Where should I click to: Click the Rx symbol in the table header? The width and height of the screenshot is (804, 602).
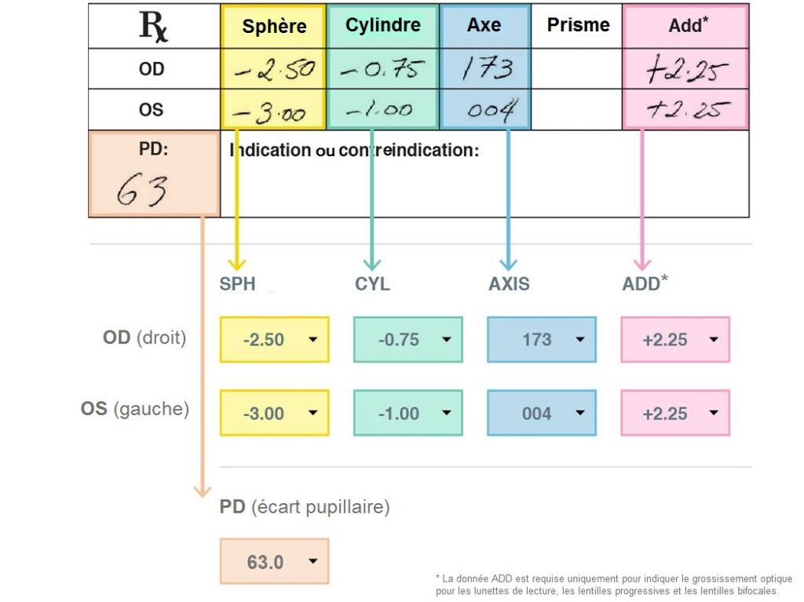point(153,26)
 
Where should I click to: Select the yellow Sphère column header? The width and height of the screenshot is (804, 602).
point(274,26)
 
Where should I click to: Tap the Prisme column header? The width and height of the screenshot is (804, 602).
point(578,25)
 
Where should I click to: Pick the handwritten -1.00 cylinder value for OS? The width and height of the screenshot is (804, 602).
point(380,110)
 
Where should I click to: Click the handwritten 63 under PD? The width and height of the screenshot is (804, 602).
point(143,191)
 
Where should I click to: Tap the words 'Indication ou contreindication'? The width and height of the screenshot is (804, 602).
point(354,150)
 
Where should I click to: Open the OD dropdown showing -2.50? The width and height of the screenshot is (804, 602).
point(274,340)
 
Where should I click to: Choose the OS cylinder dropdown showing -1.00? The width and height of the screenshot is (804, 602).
point(407,414)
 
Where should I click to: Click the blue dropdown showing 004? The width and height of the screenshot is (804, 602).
point(541,414)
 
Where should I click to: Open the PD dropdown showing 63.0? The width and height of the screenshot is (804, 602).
point(274,563)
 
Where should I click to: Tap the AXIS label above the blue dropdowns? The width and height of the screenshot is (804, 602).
point(509,284)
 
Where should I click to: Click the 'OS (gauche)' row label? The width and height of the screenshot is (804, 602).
point(135,410)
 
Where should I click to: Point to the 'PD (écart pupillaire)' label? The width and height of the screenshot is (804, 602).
point(305,507)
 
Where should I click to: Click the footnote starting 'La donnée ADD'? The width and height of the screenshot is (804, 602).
point(613,585)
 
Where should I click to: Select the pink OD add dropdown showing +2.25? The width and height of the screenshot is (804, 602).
point(675,340)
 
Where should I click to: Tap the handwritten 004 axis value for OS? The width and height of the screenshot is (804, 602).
point(490,111)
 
